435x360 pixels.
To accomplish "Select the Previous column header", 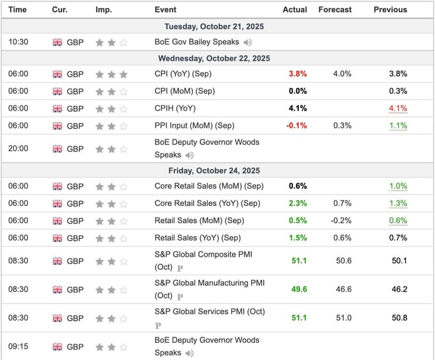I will (390, 10).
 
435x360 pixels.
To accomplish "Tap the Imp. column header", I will (104, 10).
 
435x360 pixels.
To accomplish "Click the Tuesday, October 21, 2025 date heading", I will (217, 26).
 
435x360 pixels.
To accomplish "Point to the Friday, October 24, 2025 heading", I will (217, 170).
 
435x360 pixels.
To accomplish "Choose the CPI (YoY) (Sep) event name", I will (184, 74).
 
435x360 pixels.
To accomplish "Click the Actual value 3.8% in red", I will (297, 74).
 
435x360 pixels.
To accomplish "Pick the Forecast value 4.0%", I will (342, 74).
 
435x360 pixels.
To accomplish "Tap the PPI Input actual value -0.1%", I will (296, 126).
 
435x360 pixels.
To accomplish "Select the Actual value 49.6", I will (299, 289).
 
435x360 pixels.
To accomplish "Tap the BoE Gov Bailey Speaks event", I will (197, 42).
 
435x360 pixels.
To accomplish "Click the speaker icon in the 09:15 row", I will (189, 353).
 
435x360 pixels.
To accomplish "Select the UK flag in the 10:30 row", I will (58, 42).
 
